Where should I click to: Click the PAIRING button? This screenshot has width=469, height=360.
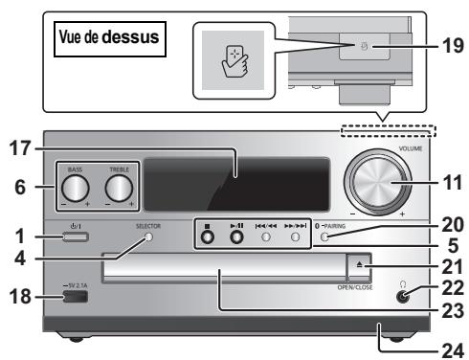(326, 237)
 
